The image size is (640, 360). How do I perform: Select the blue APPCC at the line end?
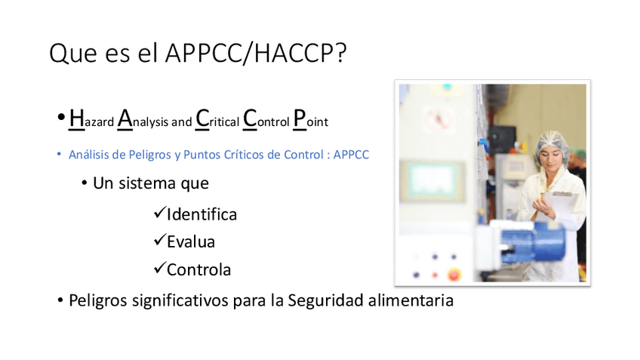coord(350,154)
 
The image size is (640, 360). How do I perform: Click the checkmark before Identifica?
coord(159,213)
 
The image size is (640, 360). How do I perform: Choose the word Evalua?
coord(191,242)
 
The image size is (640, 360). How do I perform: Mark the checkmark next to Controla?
coord(159,268)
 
